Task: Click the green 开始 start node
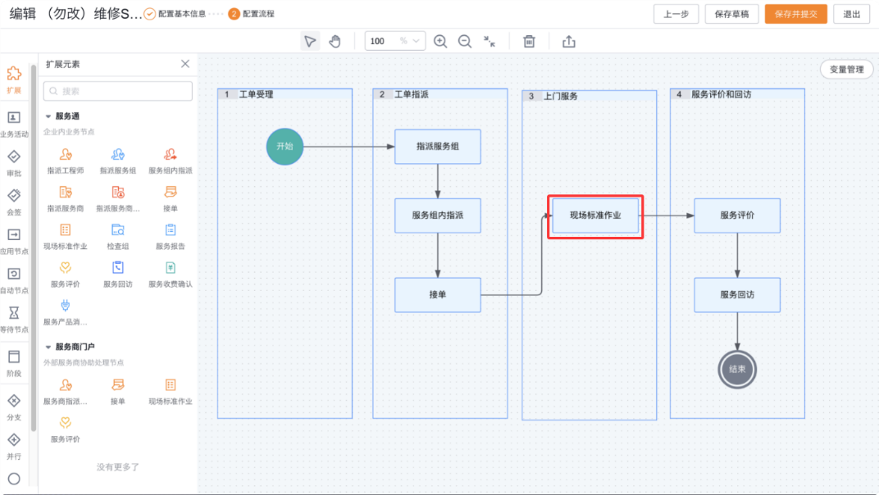pos(285,147)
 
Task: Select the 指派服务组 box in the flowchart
pos(437,147)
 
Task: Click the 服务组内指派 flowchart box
pos(437,216)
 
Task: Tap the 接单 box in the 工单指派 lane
pos(437,294)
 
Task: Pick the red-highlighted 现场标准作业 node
pos(595,216)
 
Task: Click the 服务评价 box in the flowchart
pos(737,216)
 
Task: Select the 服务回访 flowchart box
pos(737,294)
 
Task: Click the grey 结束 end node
pos(737,369)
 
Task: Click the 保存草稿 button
pos(731,14)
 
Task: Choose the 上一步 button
pos(676,14)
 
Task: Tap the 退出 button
pos(851,14)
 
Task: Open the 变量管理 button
pos(846,70)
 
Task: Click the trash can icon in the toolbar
pos(530,41)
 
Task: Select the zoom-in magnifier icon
pos(440,41)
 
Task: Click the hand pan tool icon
pos(335,41)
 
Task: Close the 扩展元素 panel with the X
pos(185,64)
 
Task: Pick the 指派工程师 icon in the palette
pos(66,155)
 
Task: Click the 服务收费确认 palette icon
pos(171,268)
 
